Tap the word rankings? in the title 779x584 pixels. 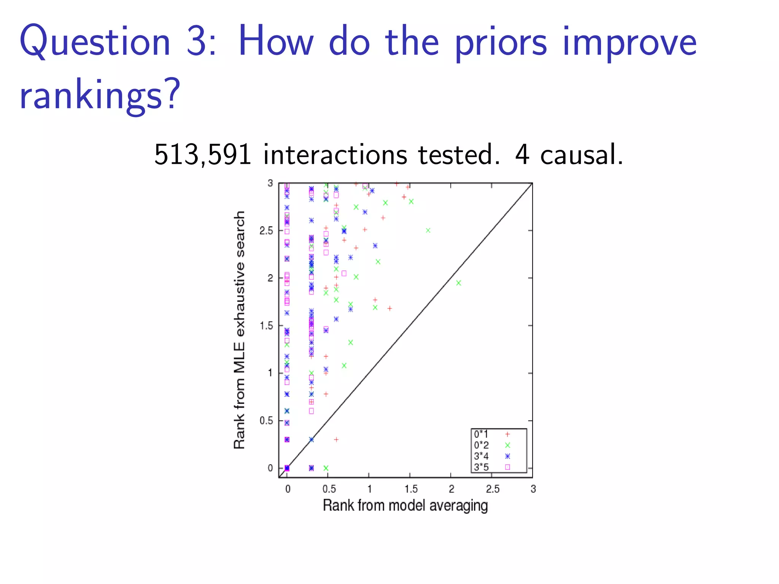click(100, 95)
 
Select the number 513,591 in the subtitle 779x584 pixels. click(203, 155)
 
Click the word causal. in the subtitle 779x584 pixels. click(582, 155)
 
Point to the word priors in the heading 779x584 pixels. click(501, 43)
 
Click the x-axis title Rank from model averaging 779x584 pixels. click(405, 506)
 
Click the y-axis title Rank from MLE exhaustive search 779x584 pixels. click(239, 330)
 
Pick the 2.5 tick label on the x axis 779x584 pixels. click(493, 489)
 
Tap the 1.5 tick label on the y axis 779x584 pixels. click(266, 326)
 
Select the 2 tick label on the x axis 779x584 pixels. click(451, 489)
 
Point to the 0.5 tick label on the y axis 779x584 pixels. click(266, 421)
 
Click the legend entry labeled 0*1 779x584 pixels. click(481, 434)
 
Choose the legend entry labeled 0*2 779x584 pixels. click(481, 445)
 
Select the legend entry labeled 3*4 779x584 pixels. click(481, 456)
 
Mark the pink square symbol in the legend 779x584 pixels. click(507, 467)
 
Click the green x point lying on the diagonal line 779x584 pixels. click(458, 283)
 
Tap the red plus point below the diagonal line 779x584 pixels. click(336, 440)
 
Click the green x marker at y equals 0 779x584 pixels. click(326, 468)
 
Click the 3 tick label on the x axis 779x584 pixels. click(533, 489)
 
